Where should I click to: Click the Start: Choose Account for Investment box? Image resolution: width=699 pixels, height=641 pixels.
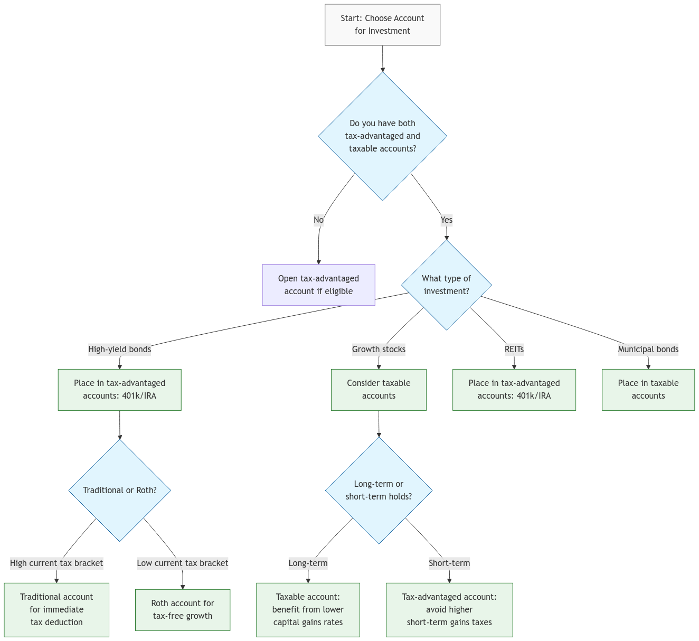click(x=382, y=25)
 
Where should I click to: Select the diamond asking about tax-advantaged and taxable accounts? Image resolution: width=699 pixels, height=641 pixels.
click(x=382, y=136)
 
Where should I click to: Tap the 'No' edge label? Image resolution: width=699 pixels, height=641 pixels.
click(x=318, y=220)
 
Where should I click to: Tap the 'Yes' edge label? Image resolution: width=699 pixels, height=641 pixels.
click(x=446, y=220)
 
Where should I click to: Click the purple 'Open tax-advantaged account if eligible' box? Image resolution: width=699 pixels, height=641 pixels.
click(x=318, y=285)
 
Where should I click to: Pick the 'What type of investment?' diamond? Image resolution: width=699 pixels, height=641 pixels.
click(x=446, y=285)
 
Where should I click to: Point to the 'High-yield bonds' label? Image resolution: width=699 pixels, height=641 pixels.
click(x=119, y=350)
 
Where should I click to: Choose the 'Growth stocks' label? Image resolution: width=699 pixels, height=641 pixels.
click(x=379, y=350)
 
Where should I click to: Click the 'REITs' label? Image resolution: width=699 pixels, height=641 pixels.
click(x=514, y=350)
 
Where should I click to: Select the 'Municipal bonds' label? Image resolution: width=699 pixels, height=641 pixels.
click(x=648, y=350)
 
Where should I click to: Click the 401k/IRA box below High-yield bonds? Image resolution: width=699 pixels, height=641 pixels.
click(x=119, y=390)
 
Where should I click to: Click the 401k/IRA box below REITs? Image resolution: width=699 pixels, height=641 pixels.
click(x=514, y=390)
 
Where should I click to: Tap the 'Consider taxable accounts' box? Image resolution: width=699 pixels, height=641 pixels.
click(x=379, y=390)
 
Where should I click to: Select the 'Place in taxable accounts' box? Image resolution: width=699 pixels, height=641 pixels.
click(x=648, y=390)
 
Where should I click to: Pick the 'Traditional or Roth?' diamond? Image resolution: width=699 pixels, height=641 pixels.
click(x=119, y=491)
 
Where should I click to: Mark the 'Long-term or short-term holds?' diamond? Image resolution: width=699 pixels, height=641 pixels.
click(x=379, y=491)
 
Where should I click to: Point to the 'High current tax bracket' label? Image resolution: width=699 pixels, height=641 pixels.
click(x=56, y=563)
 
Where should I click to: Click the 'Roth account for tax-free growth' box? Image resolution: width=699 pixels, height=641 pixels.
click(x=183, y=610)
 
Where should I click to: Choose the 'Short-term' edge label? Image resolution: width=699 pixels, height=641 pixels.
click(x=449, y=563)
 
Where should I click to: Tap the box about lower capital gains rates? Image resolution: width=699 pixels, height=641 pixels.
click(x=308, y=610)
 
